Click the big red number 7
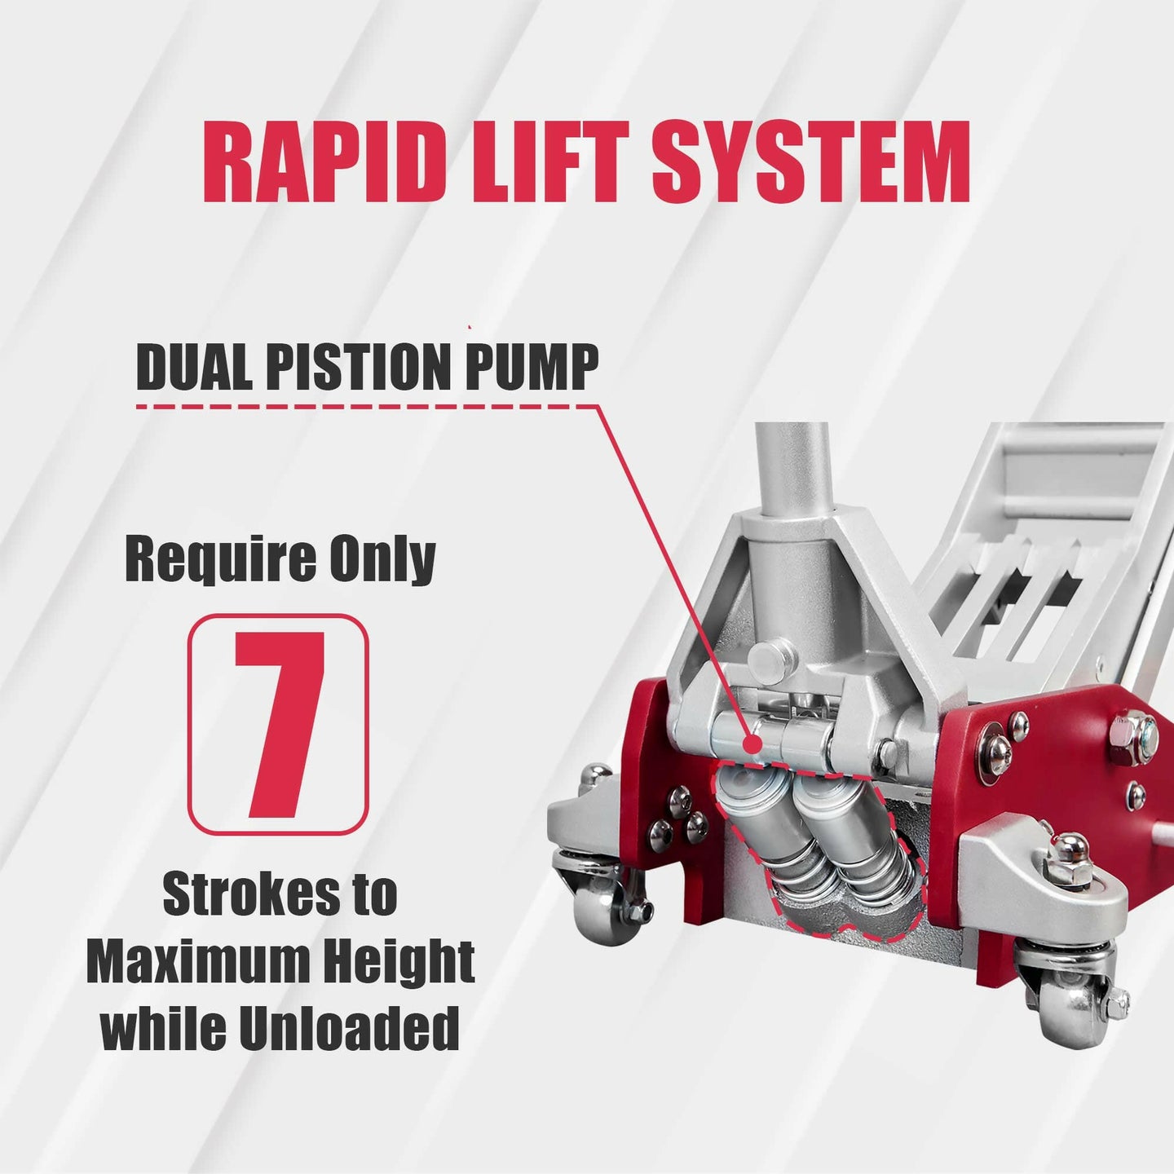click(x=279, y=725)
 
